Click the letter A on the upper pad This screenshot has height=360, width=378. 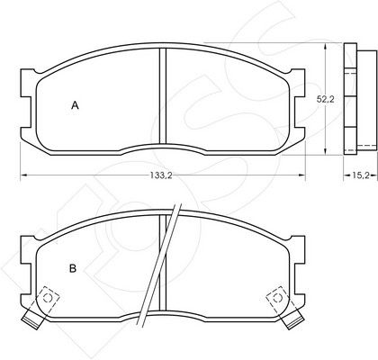[x=75, y=105]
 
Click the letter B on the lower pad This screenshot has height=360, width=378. [x=73, y=268]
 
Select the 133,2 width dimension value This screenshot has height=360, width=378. [x=161, y=175]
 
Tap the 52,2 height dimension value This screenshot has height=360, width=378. [x=326, y=99]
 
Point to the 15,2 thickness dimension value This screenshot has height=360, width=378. [x=360, y=175]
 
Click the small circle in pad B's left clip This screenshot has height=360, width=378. [x=48, y=298]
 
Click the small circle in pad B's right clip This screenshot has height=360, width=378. [x=277, y=298]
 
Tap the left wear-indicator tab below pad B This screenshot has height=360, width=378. [x=32, y=319]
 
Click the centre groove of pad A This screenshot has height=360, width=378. [x=162, y=96]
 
